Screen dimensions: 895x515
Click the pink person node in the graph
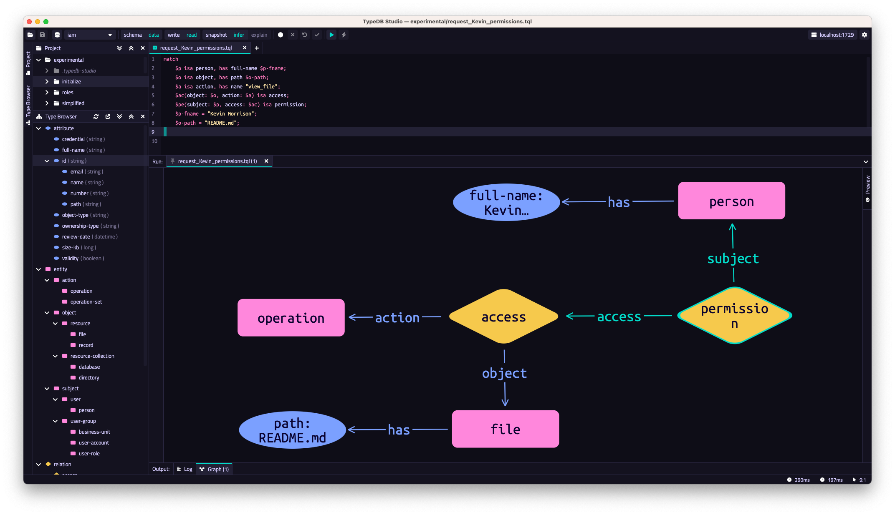[x=731, y=201]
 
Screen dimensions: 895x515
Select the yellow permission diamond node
[x=734, y=316]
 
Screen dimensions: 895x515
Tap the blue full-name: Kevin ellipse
[x=506, y=202]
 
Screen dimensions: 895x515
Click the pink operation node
[x=291, y=318]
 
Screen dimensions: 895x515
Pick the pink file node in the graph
[x=506, y=429]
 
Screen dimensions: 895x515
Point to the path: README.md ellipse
[x=292, y=430]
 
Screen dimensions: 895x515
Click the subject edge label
[x=733, y=259]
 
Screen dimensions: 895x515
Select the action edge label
[x=397, y=318]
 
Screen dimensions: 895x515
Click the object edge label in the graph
[x=504, y=373]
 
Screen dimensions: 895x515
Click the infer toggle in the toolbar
[x=239, y=35]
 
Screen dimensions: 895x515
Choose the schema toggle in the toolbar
[x=133, y=35]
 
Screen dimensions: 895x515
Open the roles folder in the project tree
[x=68, y=93]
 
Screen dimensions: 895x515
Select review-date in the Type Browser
[x=76, y=237]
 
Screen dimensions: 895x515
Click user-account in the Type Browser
[x=94, y=443]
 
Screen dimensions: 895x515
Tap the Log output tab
[x=185, y=469]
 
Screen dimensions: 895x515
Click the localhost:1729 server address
[x=837, y=35]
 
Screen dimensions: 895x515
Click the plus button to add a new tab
[x=257, y=48]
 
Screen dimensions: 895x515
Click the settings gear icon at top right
[x=865, y=35]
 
